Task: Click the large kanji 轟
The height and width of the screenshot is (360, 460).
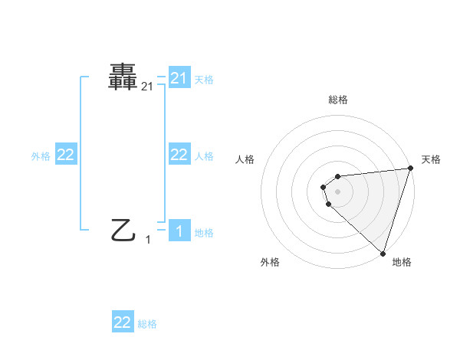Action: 123,78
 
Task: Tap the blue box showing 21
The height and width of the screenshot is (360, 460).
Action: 179,78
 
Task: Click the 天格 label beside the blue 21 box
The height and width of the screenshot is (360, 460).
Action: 204,79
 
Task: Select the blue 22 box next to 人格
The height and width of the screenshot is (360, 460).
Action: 179,155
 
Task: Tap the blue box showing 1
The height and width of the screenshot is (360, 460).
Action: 179,231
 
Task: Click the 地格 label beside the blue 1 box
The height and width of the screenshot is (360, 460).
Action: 204,233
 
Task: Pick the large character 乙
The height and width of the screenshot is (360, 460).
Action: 123,230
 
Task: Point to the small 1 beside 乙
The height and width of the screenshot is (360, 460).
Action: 149,240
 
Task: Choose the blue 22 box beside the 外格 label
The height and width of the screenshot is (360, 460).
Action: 66,155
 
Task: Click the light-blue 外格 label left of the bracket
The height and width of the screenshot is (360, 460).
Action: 41,156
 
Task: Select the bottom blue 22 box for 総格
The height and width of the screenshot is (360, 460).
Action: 123,322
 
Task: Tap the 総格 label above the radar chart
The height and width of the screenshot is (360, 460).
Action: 338,100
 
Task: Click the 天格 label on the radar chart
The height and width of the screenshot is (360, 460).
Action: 431,159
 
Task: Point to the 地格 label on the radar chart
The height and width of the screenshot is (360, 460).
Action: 402,263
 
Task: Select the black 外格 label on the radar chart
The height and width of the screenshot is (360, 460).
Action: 270,263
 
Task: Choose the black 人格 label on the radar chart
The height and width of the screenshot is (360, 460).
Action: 245,159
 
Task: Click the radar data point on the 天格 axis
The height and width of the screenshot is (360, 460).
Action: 410,169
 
